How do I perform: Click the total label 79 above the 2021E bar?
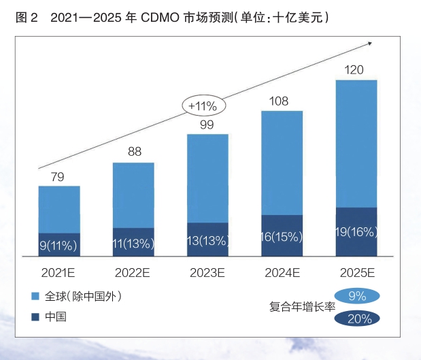[58, 177]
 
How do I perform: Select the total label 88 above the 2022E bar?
[135, 152]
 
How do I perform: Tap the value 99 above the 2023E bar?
[207, 125]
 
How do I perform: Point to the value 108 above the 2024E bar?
[280, 101]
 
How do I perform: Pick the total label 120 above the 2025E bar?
[354, 70]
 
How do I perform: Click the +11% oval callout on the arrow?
[203, 105]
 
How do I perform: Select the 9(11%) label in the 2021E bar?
[59, 245]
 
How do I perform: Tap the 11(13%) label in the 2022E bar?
[133, 244]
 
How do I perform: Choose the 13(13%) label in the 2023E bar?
[207, 242]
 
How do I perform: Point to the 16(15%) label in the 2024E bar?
[282, 237]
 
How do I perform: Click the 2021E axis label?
[59, 273]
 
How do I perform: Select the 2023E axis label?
[207, 273]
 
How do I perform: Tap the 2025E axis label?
[356, 273]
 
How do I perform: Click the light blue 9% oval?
[357, 296]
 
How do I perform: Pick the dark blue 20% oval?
[357, 317]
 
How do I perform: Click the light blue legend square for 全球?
[35, 297]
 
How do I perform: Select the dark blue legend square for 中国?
[35, 316]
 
